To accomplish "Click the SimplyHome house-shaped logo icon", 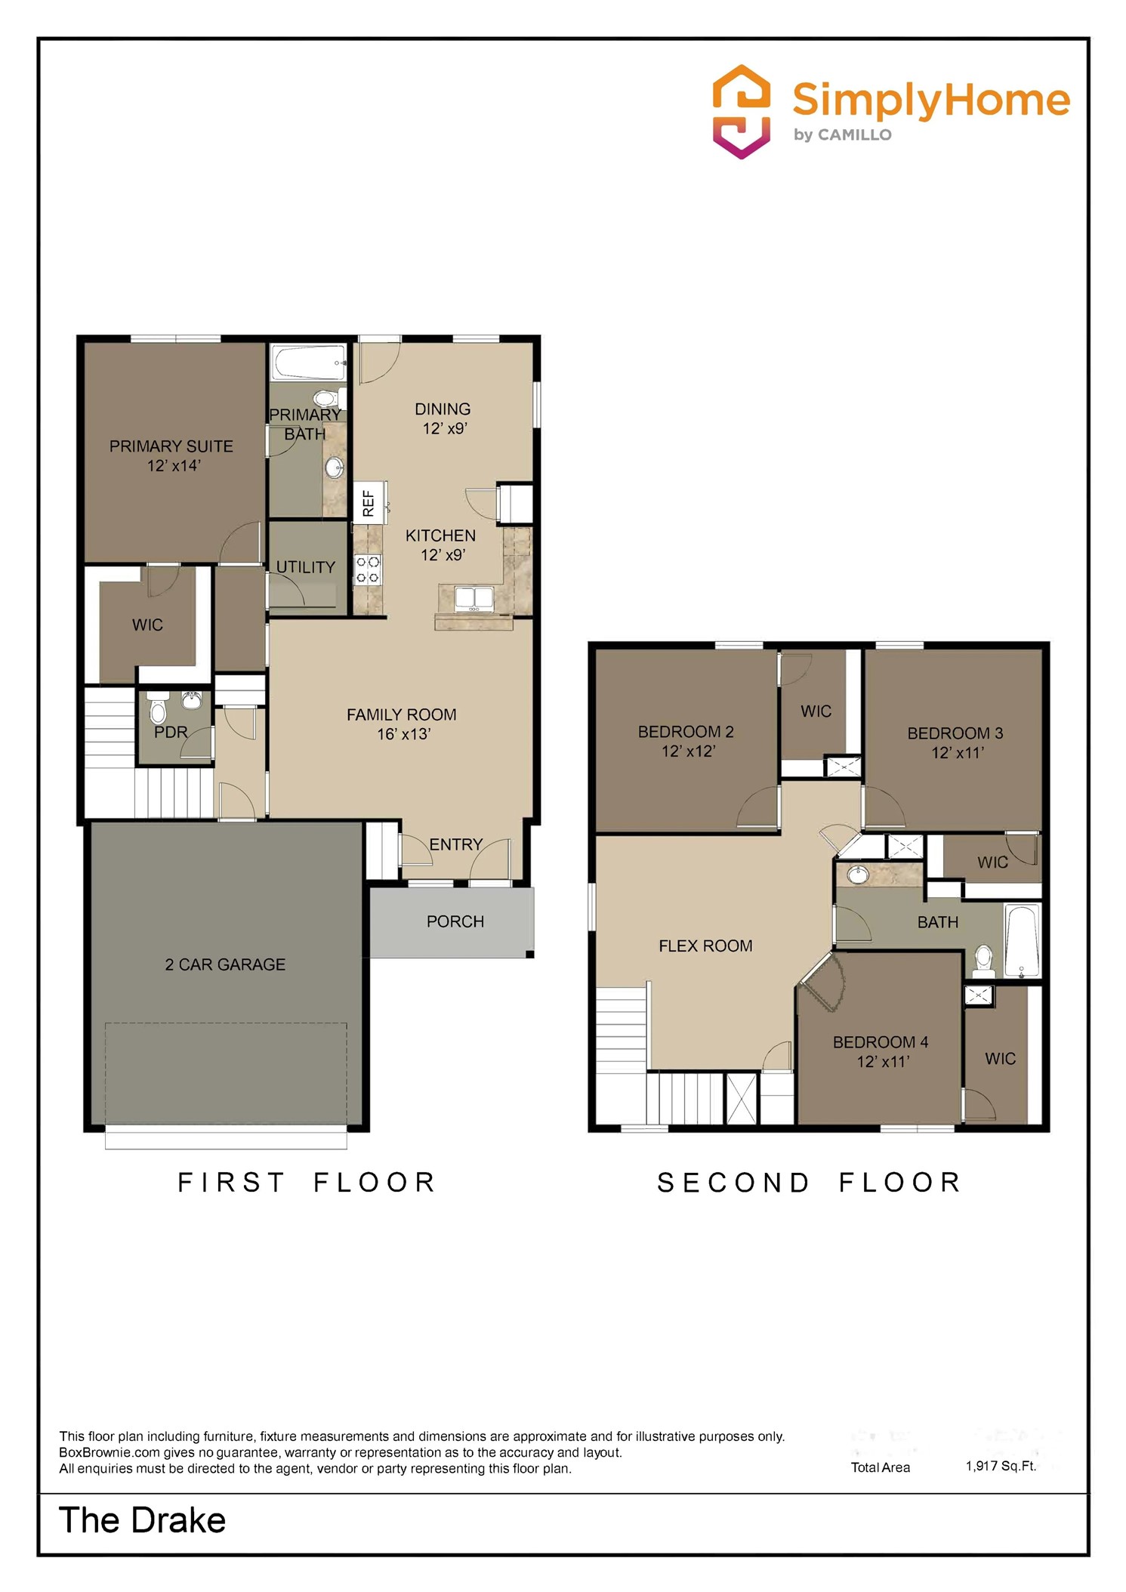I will click(742, 112).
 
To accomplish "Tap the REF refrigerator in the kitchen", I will click(369, 502).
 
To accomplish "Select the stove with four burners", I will click(369, 570).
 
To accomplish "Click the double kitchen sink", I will click(474, 598).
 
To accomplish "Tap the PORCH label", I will click(455, 921).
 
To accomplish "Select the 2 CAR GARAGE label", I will click(225, 964).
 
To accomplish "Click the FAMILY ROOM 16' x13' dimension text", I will click(403, 734).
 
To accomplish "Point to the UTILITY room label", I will click(305, 567).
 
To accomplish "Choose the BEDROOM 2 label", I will click(685, 731).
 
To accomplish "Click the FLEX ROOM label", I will click(705, 946).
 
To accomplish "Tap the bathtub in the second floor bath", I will click(1023, 940).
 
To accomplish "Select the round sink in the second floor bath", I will click(857, 875).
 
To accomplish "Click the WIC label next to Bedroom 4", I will click(1000, 1059).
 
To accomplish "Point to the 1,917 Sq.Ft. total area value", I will click(1001, 1466).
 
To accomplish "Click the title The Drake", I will click(142, 1520).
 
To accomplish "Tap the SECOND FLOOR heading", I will click(809, 1183).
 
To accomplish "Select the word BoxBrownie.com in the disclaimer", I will click(110, 1452).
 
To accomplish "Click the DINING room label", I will click(443, 409).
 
